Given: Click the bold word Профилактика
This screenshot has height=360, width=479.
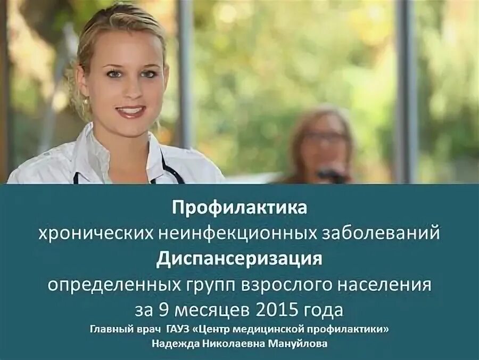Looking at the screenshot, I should [239, 208].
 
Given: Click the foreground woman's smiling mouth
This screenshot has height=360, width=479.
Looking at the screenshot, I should [131, 111].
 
